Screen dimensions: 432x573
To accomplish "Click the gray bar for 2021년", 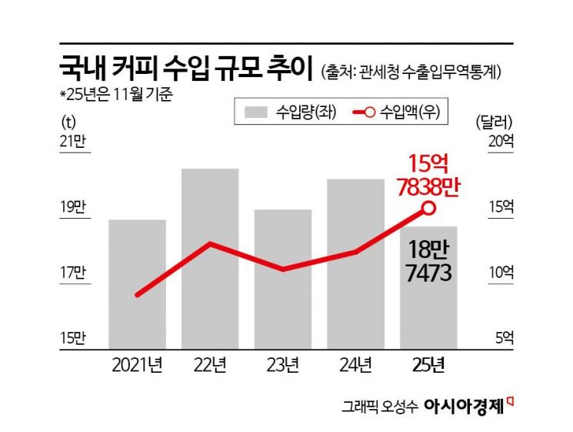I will click(137, 285).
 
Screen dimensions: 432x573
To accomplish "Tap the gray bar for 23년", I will click(282, 280).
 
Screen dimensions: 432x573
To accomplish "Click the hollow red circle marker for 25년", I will click(429, 208).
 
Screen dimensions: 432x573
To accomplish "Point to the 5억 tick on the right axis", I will click(493, 337).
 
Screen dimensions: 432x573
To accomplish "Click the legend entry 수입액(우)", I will click(401, 112).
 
